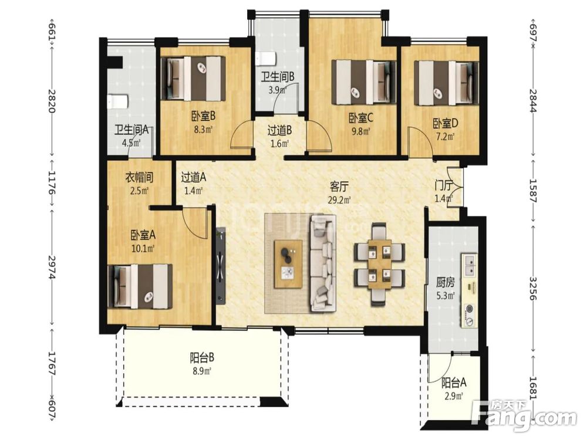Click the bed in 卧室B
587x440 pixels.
(193, 78)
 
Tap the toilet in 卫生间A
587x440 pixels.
(117, 101)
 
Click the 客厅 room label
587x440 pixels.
(339, 186)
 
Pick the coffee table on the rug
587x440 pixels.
(288, 265)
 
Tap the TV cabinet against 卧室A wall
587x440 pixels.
(221, 264)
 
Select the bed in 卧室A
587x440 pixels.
(140, 286)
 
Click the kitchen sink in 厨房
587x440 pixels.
(469, 265)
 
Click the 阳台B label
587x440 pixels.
(202, 358)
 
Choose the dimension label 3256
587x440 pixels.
(533, 288)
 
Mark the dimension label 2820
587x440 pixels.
(52, 101)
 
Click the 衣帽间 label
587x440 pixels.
(139, 177)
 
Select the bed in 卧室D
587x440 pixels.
(446, 83)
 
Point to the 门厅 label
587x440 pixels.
(444, 185)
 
